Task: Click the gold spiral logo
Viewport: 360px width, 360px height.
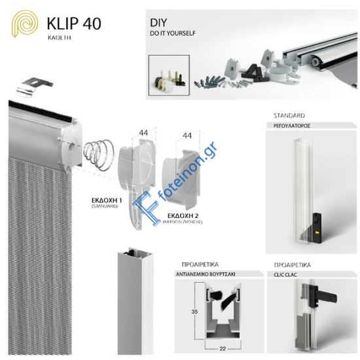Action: click(24, 25)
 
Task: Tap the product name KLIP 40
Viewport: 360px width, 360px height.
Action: click(74, 24)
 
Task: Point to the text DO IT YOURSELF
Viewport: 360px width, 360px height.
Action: click(173, 32)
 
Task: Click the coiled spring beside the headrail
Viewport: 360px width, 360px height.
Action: click(99, 154)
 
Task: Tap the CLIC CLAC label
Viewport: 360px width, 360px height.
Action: click(283, 274)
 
